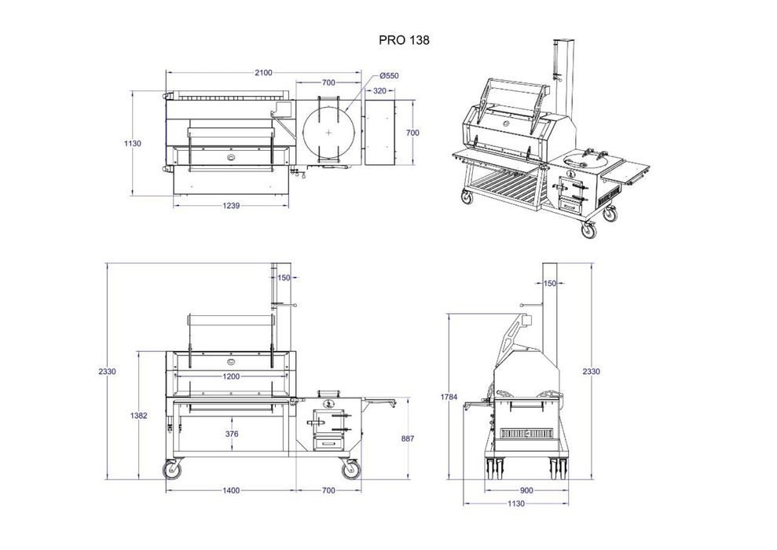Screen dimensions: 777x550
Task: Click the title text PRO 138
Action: click(404, 40)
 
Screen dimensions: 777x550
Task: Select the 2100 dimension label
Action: click(264, 73)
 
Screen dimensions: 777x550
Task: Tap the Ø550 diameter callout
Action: click(389, 75)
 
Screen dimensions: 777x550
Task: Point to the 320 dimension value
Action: click(379, 90)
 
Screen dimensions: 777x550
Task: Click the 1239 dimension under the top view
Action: click(232, 205)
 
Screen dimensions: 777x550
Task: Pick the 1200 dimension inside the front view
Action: click(231, 376)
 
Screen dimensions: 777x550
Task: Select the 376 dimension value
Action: click(232, 434)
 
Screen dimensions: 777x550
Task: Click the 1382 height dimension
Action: click(139, 416)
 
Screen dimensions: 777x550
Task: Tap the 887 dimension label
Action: click(407, 438)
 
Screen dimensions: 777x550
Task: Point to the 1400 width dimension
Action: click(231, 490)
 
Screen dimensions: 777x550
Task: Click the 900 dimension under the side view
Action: click(526, 490)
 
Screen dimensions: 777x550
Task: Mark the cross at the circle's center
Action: click(329, 133)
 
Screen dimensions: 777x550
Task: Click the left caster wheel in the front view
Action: click(172, 469)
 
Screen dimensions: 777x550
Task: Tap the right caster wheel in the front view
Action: click(350, 469)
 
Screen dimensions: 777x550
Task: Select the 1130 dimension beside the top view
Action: click(132, 144)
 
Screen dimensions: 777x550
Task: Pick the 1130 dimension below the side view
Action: click(516, 504)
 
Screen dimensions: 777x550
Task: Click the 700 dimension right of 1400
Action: click(328, 490)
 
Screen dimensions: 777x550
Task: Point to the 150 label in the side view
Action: click(550, 284)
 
